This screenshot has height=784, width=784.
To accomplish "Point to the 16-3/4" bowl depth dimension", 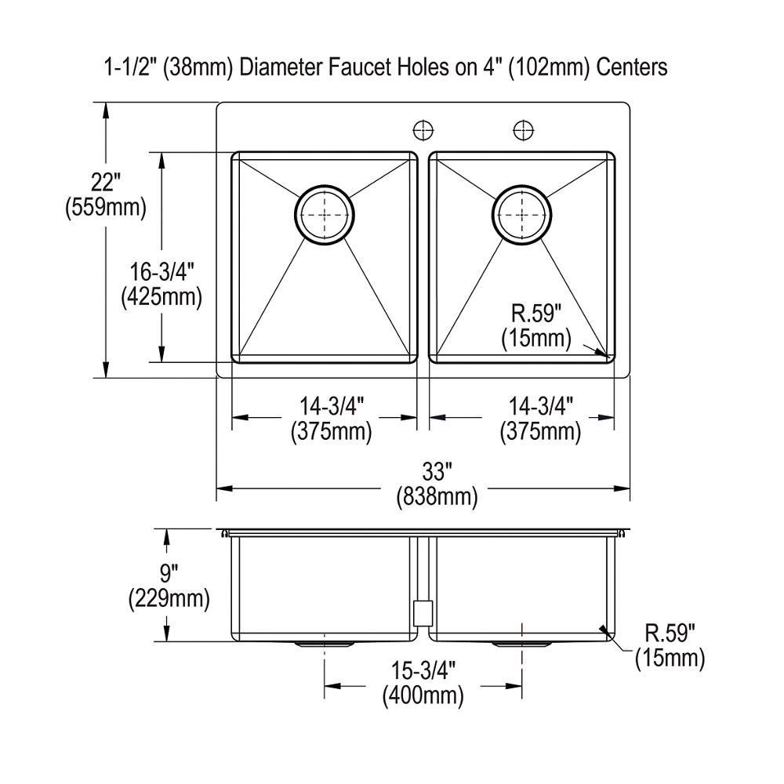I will pos(162,272).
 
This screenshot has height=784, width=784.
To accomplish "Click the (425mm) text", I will pos(162,297).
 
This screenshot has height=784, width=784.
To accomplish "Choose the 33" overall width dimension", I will pos(437,473).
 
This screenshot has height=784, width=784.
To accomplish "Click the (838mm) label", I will pos(437,498).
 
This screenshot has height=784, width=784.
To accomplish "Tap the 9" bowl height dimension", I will pos(168,574).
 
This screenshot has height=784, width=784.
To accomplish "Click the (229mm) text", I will pos(168,599).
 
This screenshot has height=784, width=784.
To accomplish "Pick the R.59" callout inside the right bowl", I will pos(537,314).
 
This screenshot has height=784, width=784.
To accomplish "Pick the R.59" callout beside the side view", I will pos(670,633).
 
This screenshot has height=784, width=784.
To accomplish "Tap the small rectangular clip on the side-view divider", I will pos(422,612).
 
